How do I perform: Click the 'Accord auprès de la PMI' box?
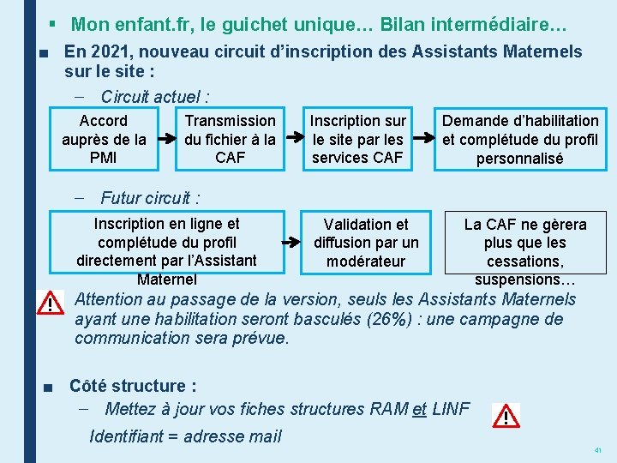[104, 139]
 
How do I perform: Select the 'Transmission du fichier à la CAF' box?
[231, 139]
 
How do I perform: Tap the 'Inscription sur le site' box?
[357, 139]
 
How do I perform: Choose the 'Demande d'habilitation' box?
[520, 139]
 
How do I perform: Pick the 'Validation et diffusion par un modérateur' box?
[366, 242]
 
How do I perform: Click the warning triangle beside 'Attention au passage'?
[51, 304]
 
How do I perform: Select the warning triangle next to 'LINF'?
[506, 417]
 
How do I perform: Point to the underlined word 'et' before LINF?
[419, 409]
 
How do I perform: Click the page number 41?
[598, 450]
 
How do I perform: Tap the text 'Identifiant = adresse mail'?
[185, 436]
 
